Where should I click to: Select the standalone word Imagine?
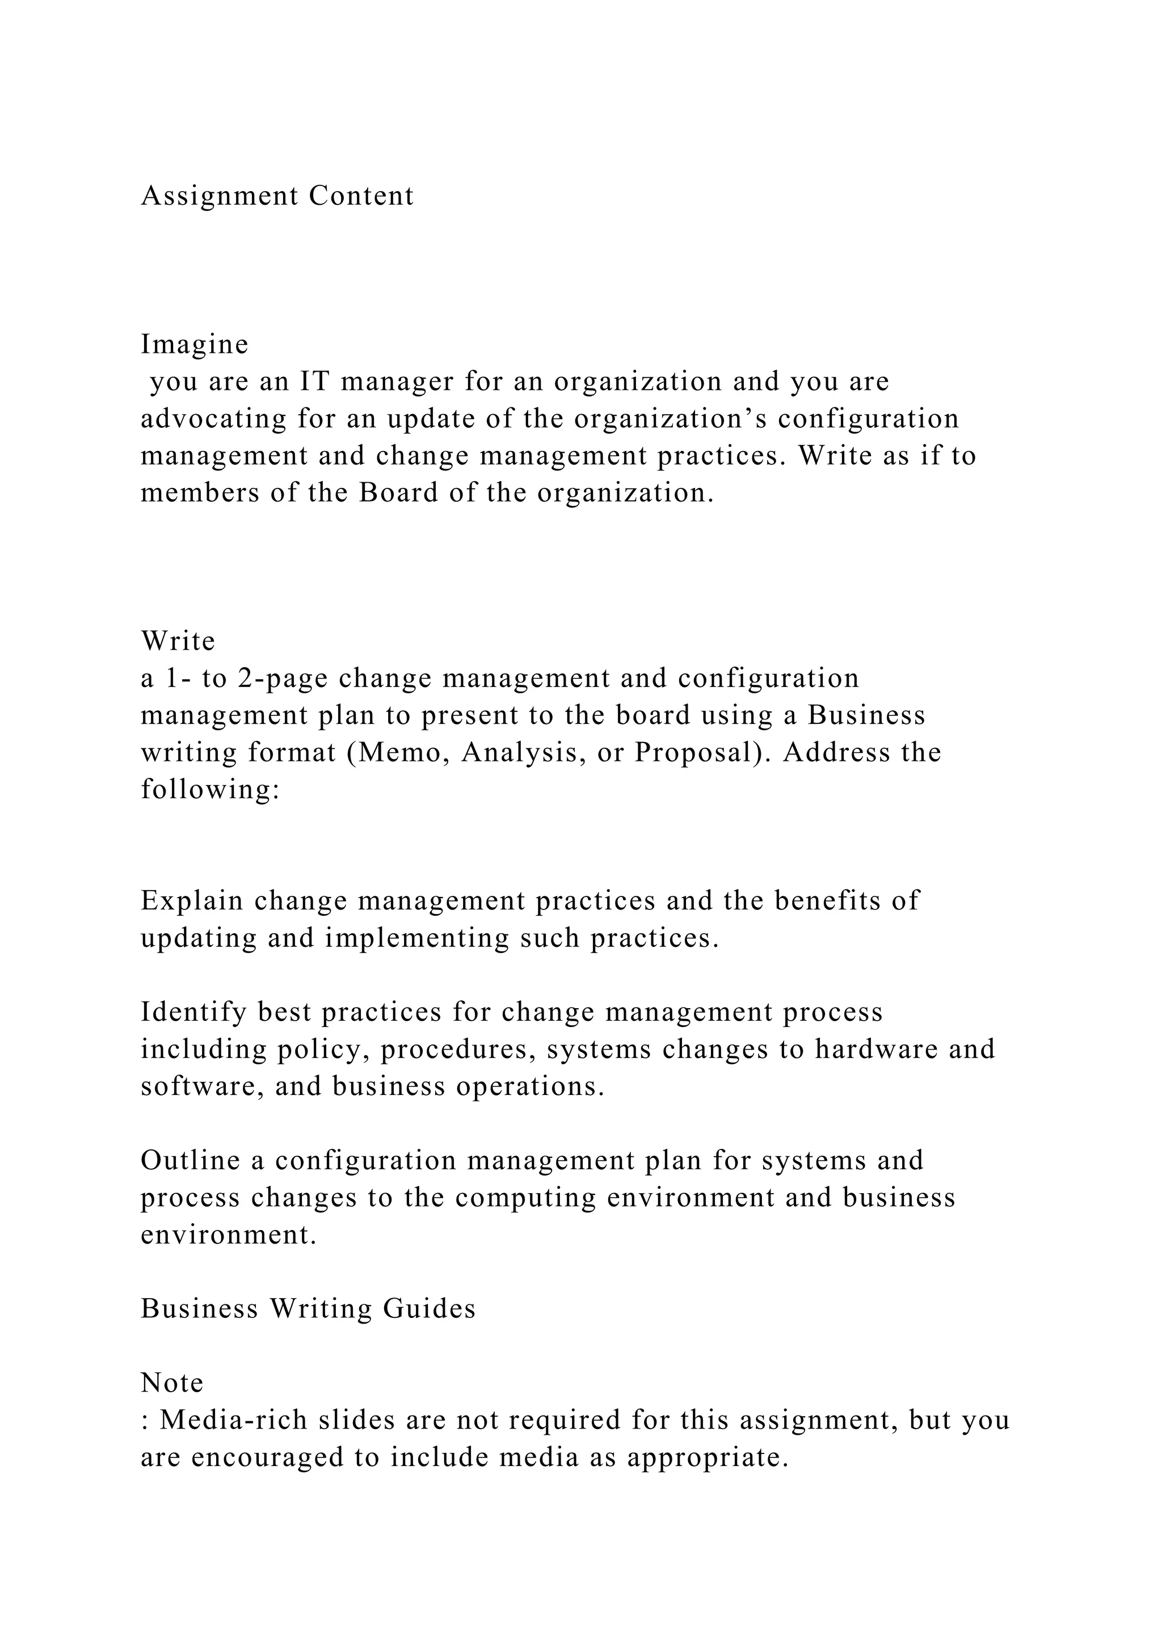point(195,345)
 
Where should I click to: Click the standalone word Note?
point(172,1383)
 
